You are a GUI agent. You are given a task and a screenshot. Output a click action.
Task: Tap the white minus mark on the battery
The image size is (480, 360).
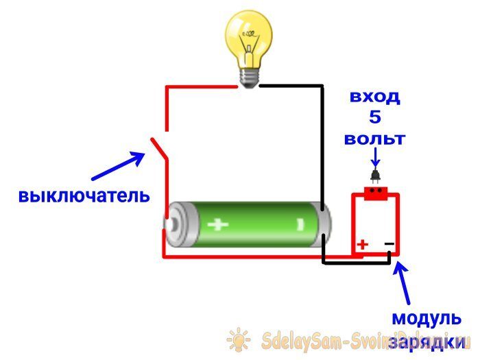coord(300,224)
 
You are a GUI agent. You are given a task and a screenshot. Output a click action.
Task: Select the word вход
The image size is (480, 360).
coord(374,96)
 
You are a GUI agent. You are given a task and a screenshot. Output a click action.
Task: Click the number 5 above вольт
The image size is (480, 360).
coord(374,117)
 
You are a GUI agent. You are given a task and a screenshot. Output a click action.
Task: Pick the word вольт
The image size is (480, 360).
coord(374,139)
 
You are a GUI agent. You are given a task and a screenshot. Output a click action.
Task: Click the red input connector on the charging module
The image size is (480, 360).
coord(375,193)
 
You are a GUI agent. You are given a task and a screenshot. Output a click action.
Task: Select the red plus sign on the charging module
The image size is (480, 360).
coord(362,244)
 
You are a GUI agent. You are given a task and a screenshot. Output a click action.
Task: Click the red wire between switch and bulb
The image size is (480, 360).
coord(199,86)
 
